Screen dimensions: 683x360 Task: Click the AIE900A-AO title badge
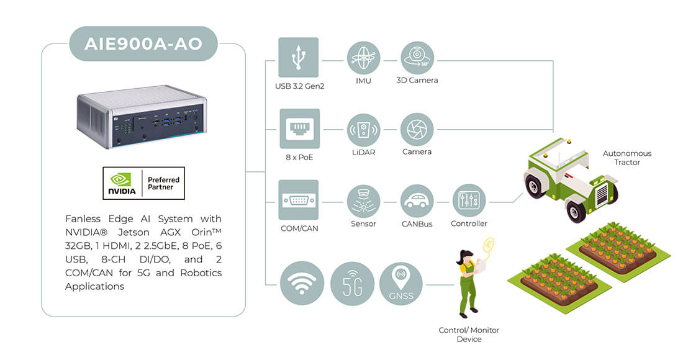(143, 43)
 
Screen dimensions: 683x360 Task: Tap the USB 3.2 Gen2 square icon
(299, 58)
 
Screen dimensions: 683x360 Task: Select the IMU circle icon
(363, 58)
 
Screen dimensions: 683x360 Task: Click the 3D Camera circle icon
(417, 58)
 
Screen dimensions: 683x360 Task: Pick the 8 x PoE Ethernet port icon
(300, 129)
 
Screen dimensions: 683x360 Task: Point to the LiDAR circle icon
(363, 130)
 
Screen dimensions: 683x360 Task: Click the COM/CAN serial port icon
(299, 200)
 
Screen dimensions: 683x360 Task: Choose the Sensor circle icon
(363, 201)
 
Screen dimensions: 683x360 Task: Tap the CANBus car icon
(417, 201)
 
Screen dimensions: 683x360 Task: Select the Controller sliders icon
(469, 201)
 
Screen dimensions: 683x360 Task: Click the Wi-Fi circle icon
(302, 283)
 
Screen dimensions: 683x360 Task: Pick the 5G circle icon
(353, 284)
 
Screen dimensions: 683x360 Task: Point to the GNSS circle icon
(400, 284)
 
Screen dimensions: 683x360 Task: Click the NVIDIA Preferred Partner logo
(144, 183)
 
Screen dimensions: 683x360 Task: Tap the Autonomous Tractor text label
(627, 158)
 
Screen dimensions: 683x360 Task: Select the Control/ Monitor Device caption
(469, 335)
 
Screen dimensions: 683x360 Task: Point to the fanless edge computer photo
(142, 117)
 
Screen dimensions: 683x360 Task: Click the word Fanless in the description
(83, 218)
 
